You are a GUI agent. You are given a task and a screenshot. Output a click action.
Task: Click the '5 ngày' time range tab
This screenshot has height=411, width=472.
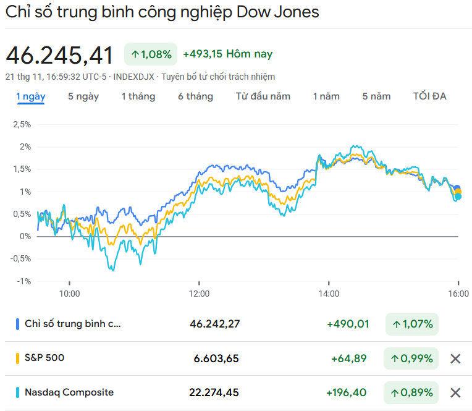pos(83,96)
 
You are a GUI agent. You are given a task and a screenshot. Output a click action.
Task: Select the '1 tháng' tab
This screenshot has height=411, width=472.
pos(138,96)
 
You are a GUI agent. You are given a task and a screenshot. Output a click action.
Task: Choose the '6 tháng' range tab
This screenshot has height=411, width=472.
pos(195,96)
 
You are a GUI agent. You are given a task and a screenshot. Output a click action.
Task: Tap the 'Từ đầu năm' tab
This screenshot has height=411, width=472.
pos(263,96)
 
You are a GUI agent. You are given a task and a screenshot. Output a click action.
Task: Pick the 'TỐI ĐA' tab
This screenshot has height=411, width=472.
pos(430,96)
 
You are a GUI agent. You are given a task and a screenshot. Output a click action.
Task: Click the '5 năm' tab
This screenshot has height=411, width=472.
pos(377,96)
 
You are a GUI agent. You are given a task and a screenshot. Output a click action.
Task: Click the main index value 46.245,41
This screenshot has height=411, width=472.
pos(60,56)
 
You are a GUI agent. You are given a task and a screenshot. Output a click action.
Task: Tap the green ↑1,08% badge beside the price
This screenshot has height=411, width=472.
pos(151,54)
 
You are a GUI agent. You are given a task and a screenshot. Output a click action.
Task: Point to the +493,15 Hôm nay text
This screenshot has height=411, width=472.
pos(228,54)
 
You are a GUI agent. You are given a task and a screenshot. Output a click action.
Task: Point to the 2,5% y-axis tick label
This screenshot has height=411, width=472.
pos(22,124)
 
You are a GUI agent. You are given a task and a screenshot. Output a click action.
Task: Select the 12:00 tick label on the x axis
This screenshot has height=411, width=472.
pos(199,294)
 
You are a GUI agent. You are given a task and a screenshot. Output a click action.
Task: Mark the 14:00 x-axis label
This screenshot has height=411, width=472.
pos(329,294)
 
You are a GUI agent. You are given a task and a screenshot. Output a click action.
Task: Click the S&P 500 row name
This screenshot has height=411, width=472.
pos(44,358)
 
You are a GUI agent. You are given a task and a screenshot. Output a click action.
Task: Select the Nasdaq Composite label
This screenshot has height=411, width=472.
pos(69,392)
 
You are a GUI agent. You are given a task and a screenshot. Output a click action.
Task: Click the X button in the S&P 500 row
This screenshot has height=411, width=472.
pos(455,358)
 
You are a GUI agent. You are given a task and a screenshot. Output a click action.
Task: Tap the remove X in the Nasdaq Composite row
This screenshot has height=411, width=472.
pos(455,392)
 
